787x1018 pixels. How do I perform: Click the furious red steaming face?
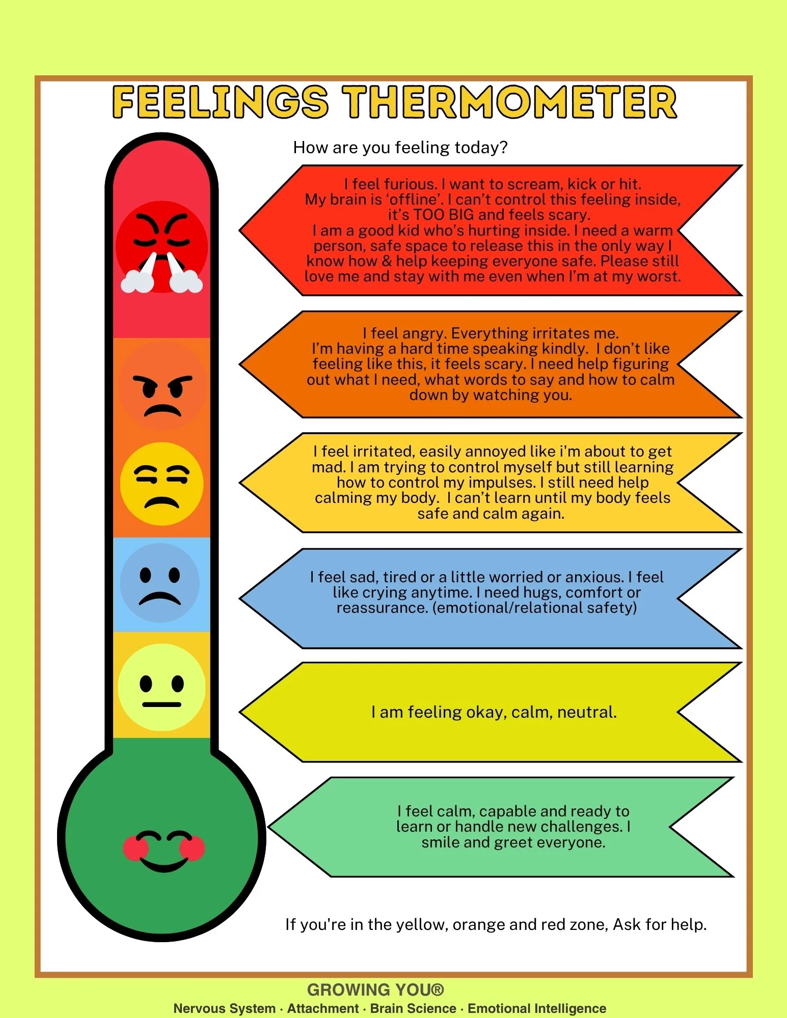click(x=161, y=247)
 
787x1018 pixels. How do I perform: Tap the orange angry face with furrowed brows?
click(x=162, y=386)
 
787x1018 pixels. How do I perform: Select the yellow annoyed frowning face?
click(x=162, y=484)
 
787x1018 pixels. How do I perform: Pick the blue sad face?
click(x=160, y=583)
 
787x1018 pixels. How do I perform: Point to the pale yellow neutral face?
click(x=162, y=687)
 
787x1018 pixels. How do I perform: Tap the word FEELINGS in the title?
click(x=220, y=102)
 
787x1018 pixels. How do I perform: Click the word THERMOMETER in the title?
click(x=509, y=102)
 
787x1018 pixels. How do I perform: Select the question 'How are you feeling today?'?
click(x=400, y=148)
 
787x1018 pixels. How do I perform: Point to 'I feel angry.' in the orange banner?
click(x=405, y=333)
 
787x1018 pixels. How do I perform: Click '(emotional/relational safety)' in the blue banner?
click(x=534, y=608)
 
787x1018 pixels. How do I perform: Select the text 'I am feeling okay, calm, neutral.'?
click(x=494, y=712)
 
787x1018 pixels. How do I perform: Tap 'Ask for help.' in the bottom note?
click(x=660, y=924)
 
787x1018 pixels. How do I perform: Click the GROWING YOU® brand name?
click(x=376, y=989)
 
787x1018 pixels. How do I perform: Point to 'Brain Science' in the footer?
click(x=413, y=1008)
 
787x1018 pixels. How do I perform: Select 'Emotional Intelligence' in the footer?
click(x=537, y=1008)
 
